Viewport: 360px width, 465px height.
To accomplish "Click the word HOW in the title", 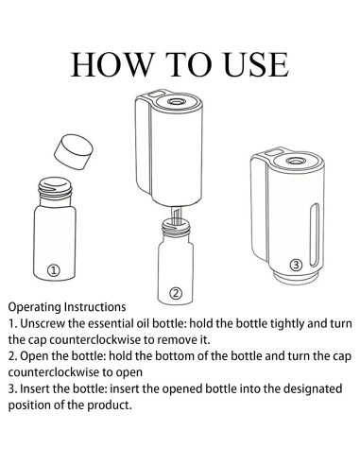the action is (x=112, y=64).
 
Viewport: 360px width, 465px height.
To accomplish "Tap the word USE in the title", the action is (x=257, y=64).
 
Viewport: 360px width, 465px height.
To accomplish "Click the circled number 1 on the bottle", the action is (x=54, y=270).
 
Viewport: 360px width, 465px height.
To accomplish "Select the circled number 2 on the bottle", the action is (x=176, y=293).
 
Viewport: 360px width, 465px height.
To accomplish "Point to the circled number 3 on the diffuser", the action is (x=296, y=266).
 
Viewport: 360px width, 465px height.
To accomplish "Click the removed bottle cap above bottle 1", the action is (x=74, y=152).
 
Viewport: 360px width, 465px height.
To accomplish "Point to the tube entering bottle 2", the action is (x=176, y=215).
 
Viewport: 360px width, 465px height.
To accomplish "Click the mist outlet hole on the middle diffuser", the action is (x=176, y=101).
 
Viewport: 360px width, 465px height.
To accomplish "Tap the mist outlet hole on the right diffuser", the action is (x=295, y=161).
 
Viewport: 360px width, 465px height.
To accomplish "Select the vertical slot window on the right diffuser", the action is (x=315, y=235).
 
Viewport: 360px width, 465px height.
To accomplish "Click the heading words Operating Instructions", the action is (x=67, y=307).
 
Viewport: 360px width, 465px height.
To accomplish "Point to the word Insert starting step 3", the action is (x=35, y=388).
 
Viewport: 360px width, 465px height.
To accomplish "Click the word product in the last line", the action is (x=110, y=405).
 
